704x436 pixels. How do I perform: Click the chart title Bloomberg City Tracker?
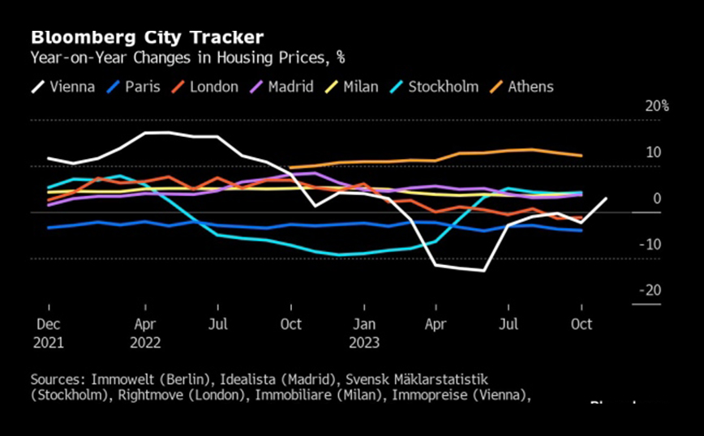point(147,38)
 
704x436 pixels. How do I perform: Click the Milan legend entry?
point(351,87)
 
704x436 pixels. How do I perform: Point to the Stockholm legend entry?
point(433,87)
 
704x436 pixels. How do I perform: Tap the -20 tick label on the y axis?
point(651,290)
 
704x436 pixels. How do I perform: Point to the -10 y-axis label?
point(651,244)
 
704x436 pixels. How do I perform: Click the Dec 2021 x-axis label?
point(49,332)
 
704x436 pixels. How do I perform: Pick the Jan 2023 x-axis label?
point(364,332)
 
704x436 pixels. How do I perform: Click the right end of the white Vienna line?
point(606,199)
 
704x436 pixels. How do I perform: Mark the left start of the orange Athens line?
point(290,168)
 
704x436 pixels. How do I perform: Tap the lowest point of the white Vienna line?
point(483,270)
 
